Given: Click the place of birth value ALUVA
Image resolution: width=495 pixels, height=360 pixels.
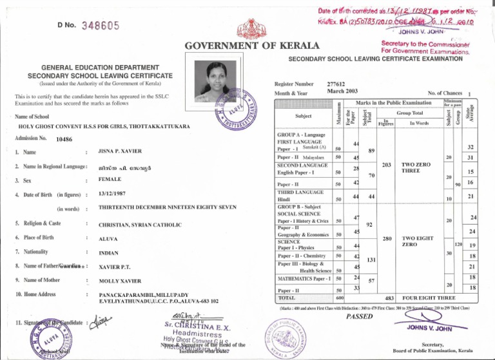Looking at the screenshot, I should click(108, 238).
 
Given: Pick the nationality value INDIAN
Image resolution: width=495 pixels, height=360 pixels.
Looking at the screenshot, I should click(109, 253).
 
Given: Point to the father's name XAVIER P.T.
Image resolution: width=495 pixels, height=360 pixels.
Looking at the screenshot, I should click(117, 267).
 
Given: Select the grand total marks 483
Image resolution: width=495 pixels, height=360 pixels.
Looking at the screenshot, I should click(389, 298).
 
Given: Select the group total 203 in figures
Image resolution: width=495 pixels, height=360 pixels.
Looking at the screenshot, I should click(388, 165).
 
